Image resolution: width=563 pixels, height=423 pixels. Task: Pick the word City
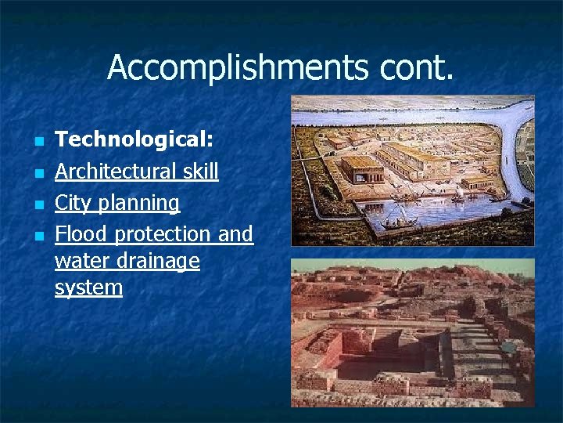tap(73, 203)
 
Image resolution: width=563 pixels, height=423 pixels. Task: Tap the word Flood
tap(82, 234)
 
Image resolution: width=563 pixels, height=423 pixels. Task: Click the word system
tap(88, 287)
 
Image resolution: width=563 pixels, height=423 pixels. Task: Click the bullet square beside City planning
tap(38, 205)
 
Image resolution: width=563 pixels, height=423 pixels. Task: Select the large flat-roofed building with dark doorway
tap(362, 168)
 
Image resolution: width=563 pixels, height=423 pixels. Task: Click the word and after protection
tap(235, 234)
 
